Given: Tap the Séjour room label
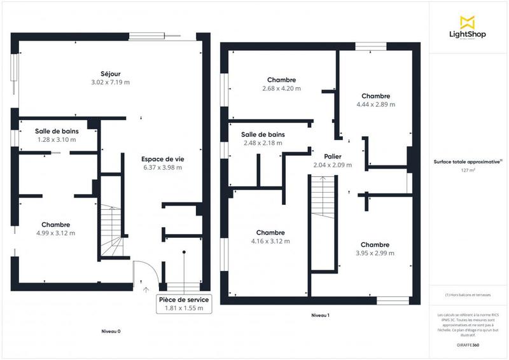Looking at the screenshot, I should point(110,73).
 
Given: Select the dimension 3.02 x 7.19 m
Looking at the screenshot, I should point(110,82).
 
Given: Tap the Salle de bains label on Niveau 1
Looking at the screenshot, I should point(263,134).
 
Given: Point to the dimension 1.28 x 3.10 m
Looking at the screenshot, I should point(56,139).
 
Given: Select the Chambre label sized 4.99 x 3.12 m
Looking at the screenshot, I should point(55,225).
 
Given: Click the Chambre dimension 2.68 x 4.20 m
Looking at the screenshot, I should point(281,88).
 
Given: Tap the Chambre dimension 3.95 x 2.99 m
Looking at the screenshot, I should point(375,253).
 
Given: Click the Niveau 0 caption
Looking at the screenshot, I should point(111,331).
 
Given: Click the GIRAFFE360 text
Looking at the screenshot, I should point(468,344).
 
